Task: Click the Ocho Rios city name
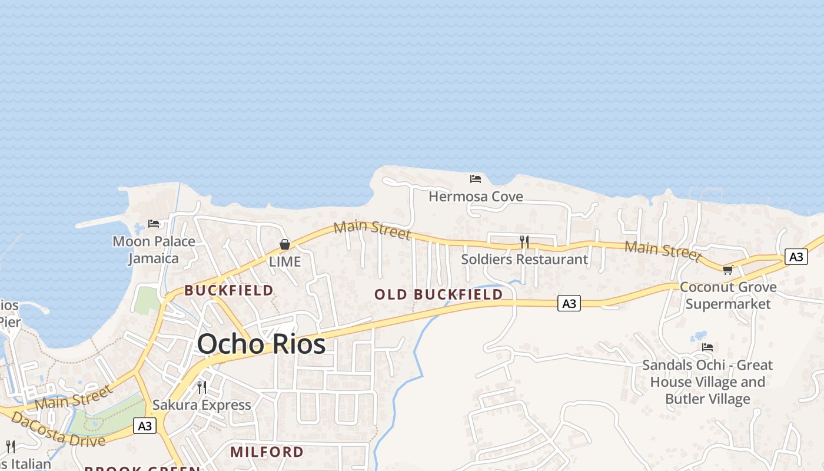coord(261,344)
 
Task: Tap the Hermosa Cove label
coord(476,197)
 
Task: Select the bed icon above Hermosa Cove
coord(476,178)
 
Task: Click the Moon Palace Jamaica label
coord(154,250)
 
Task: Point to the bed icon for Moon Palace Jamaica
coord(154,224)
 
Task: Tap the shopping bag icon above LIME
coord(285,244)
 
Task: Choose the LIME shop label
coord(285,262)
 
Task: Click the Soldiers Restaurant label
coord(524,259)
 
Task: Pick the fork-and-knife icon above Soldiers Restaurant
coord(524,241)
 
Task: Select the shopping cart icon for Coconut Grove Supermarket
coord(727,270)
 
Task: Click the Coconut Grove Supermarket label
coord(728,296)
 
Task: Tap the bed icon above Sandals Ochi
coord(707,347)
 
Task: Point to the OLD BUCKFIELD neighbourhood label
coord(438,294)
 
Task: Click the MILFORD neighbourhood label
coord(267,452)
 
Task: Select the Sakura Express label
coord(201,405)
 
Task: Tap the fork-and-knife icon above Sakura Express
coord(202,387)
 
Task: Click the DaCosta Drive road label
coord(58,429)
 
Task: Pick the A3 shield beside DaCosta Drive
coord(145,426)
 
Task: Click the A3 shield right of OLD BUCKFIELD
coord(569,303)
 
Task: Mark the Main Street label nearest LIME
coord(371,230)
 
